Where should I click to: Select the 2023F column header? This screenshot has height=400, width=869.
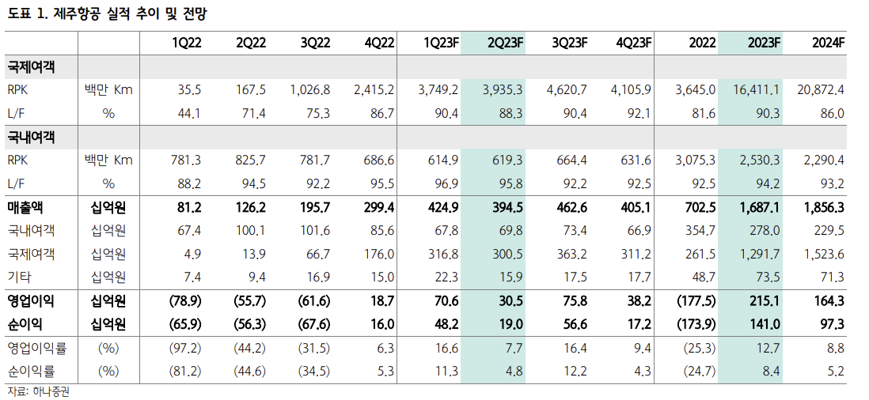click(x=764, y=43)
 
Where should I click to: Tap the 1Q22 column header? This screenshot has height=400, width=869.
click(x=187, y=43)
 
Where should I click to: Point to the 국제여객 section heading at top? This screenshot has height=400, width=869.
click(x=32, y=66)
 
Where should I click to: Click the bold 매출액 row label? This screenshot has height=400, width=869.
click(x=27, y=207)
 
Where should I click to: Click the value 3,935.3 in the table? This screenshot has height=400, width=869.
click(x=502, y=89)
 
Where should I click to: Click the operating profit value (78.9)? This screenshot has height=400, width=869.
click(x=186, y=300)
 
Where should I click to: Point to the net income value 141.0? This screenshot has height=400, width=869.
click(x=764, y=324)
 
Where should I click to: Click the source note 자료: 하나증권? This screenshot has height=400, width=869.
click(x=38, y=391)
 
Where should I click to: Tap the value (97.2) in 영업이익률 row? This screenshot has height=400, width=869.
click(x=186, y=348)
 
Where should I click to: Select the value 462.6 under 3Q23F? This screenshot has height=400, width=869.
click(x=571, y=207)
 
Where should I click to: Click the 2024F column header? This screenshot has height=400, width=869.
click(x=829, y=43)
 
